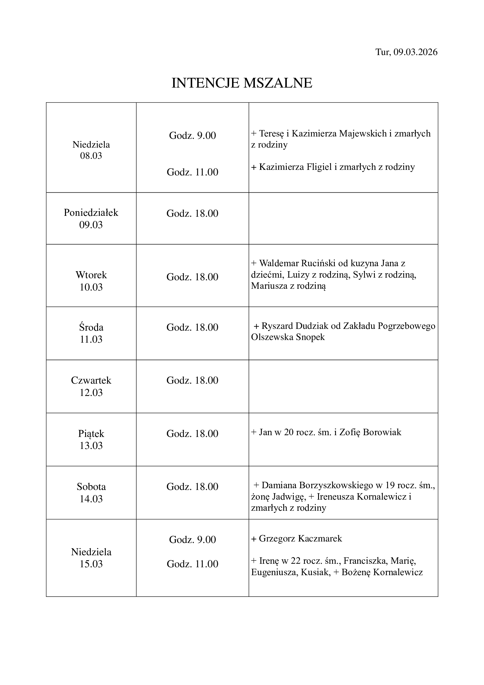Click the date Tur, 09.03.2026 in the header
(x=406, y=52)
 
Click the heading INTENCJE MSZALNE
(x=242, y=83)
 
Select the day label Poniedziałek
(x=91, y=213)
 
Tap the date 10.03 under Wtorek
(x=91, y=287)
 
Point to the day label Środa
(x=91, y=328)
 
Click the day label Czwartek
(x=91, y=380)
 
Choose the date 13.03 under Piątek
(x=91, y=446)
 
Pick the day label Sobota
(x=91, y=487)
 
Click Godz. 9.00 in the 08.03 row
(x=192, y=136)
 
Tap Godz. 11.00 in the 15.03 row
(x=192, y=564)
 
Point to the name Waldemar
(x=279, y=263)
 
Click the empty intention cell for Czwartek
(x=343, y=386)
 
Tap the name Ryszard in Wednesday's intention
(x=277, y=326)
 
